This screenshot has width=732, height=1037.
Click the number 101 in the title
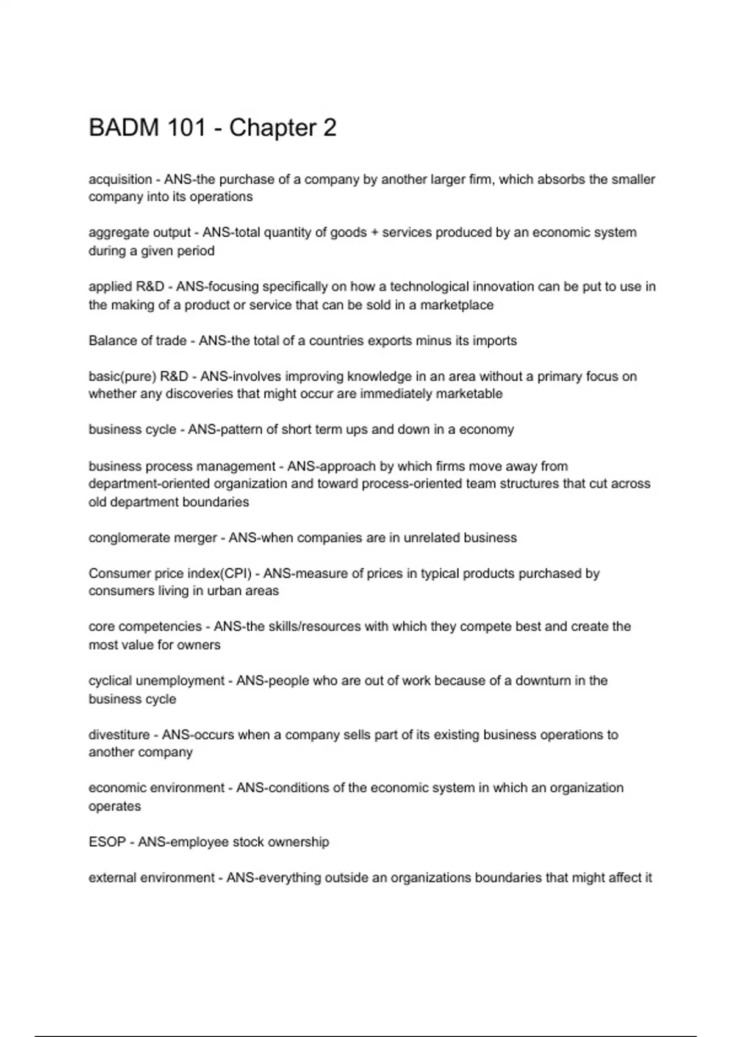(185, 128)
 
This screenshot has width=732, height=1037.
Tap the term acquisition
(120, 179)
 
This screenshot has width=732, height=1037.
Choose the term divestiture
(119, 735)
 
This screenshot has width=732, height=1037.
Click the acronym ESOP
(107, 842)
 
